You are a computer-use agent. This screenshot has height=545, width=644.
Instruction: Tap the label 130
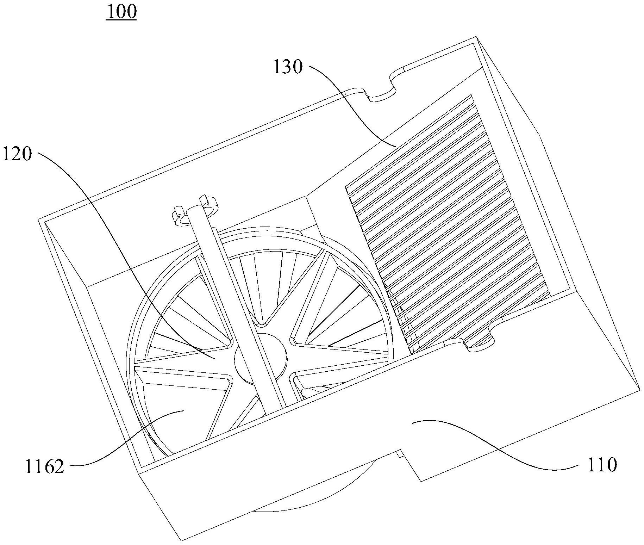point(288,67)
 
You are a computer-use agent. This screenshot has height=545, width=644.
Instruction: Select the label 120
point(17,154)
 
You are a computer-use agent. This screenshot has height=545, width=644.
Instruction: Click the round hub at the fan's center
point(260,358)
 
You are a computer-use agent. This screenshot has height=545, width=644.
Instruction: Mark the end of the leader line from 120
point(215,358)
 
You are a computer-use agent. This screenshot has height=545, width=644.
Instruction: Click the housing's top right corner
point(476,36)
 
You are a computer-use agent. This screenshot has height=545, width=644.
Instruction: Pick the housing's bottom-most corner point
point(181,540)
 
